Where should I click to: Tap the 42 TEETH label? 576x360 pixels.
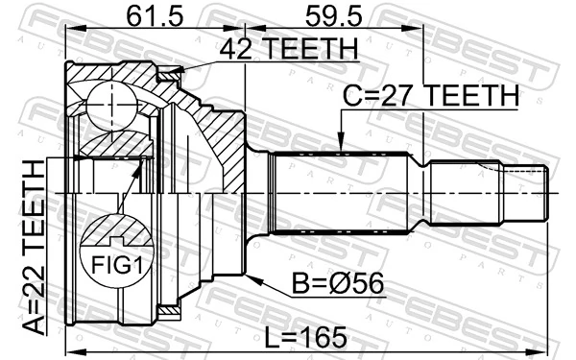coord(288,48)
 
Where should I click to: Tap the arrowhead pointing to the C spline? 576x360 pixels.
coord(342,145)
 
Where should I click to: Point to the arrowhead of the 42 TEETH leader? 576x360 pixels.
coord(179,67)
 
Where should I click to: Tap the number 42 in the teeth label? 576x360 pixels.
coord(234,48)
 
